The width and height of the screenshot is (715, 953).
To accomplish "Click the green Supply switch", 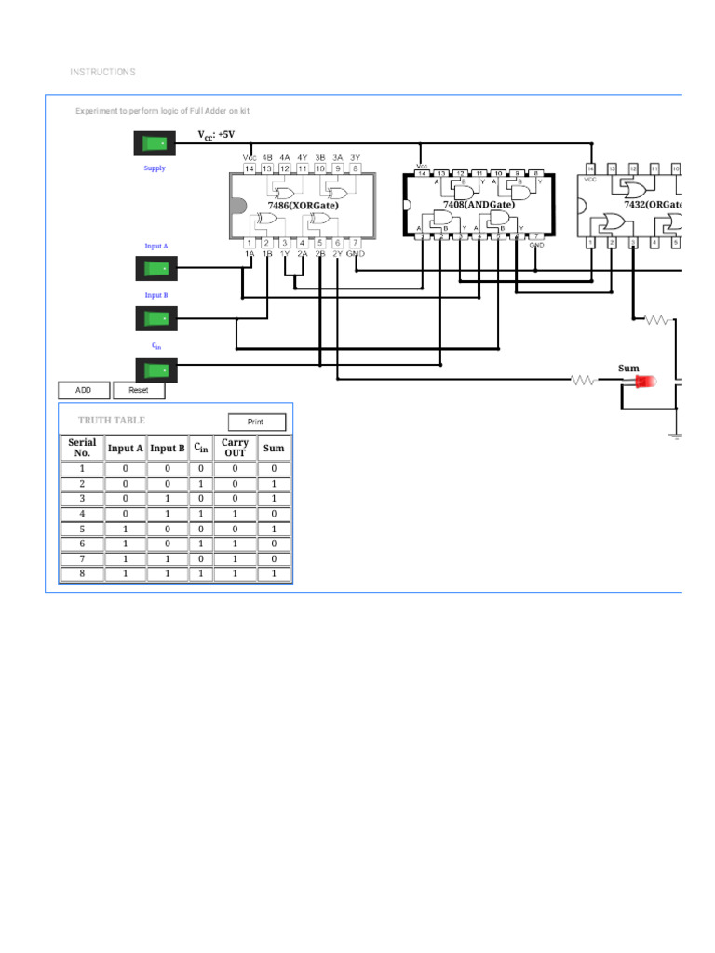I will (155, 143).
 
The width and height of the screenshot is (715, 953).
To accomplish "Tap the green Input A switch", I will (155, 269).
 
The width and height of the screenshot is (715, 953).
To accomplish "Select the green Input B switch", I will (155, 318).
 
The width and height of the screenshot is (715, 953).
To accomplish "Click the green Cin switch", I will (155, 369).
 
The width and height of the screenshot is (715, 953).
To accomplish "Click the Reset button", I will (139, 391).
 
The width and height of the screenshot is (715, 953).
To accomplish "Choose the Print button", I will (256, 422).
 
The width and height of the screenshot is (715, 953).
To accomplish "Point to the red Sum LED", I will (644, 381).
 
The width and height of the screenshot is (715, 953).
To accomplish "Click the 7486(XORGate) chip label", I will (303, 205).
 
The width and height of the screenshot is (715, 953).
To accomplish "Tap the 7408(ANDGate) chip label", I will (478, 204).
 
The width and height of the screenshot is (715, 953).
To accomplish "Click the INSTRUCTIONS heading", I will (102, 72).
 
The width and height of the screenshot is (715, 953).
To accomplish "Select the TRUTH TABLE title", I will (112, 421).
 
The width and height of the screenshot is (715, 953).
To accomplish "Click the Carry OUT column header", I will (236, 448).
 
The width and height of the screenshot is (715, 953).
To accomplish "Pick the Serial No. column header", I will (82, 448).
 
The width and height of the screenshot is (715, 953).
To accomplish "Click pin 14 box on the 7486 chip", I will (250, 168).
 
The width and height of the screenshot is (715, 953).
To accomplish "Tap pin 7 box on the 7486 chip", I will (356, 243).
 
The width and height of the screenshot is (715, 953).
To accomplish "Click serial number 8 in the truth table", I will (82, 573).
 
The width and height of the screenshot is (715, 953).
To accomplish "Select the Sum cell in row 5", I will (274, 529).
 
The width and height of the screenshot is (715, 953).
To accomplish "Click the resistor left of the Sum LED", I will (584, 380).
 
